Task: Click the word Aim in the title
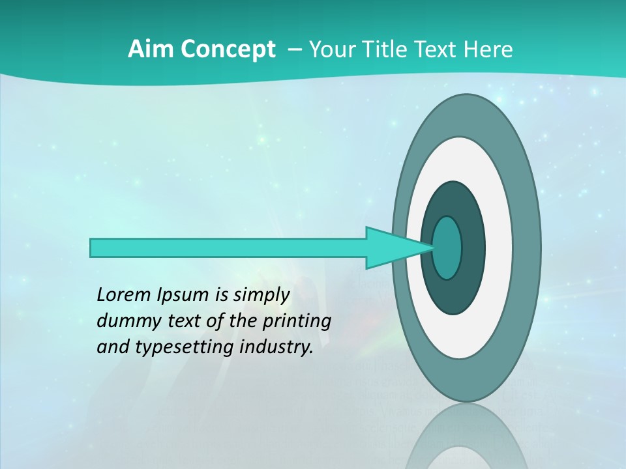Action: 148,50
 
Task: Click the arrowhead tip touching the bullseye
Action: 430,248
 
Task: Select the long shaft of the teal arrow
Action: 228,248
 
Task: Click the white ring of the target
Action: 499,248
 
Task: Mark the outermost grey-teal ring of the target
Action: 528,248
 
